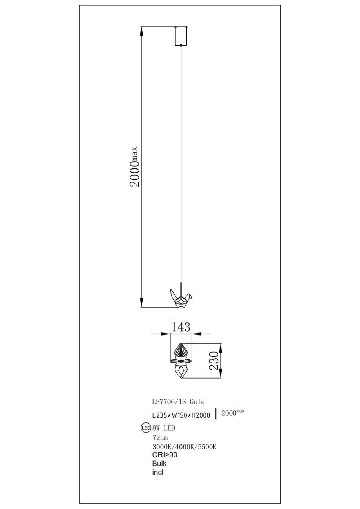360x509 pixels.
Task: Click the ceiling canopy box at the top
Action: point(181,36)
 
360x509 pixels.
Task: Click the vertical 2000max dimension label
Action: point(134,167)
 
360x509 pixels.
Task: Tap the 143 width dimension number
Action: point(181,327)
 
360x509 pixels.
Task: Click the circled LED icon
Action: point(146,428)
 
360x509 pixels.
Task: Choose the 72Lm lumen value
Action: point(160,437)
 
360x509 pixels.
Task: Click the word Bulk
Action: point(159,463)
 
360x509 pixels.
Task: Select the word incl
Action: point(157,473)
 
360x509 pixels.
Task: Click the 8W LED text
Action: point(164,428)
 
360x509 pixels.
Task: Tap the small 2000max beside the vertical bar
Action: point(233,413)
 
